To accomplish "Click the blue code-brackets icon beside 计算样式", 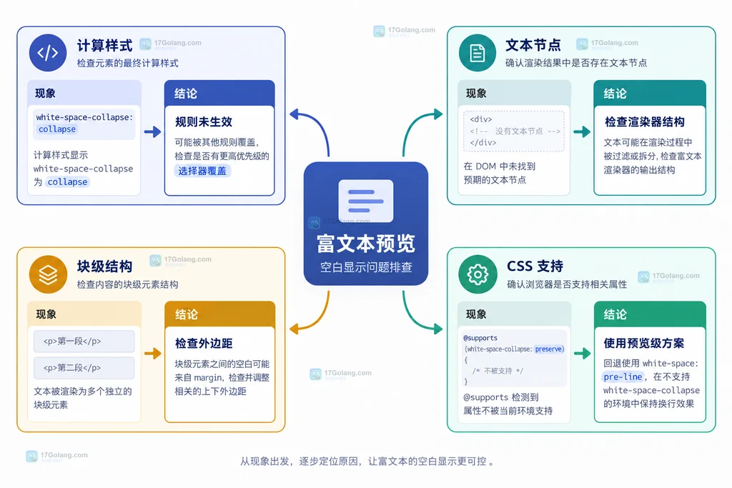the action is [x=48, y=53].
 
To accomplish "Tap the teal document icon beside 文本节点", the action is [x=477, y=53].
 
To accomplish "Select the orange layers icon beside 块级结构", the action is [x=48, y=274].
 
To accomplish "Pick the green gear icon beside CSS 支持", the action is [x=478, y=274].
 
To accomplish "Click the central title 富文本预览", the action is [x=366, y=244].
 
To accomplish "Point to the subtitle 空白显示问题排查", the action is [x=366, y=267].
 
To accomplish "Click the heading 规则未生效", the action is [x=204, y=121].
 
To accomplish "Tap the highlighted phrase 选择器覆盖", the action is [x=202, y=171].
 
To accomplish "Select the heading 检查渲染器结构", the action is [x=645, y=121].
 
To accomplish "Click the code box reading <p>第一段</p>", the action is [x=84, y=341].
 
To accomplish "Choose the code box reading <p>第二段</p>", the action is [x=84, y=368].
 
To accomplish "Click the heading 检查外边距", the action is [x=204, y=344].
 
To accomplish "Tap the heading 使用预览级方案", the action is [x=644, y=344].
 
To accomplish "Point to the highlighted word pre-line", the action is [x=623, y=377].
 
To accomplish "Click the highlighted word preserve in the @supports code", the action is [x=549, y=349].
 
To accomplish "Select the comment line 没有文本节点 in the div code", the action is [x=515, y=131].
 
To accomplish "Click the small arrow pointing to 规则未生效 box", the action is [x=153, y=132].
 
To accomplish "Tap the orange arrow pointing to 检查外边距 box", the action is [x=153, y=353].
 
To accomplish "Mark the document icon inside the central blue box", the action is [x=366, y=201].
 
